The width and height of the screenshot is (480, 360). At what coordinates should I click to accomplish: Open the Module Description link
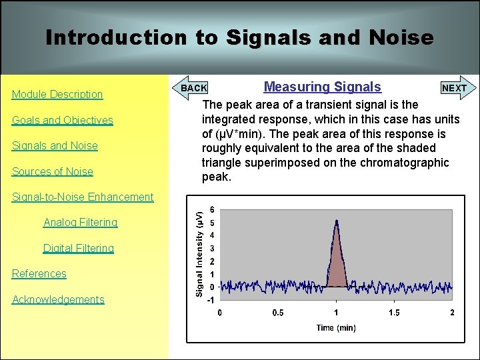point(57,94)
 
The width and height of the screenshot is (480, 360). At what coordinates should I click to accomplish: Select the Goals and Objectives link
point(63,120)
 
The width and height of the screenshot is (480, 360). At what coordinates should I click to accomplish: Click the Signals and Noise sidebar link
point(55,145)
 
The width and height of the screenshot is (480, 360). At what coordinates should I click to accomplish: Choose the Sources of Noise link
point(53,171)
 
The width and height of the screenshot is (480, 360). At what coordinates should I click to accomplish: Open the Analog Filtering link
point(80,222)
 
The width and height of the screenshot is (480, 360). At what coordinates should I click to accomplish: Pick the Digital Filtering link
point(79,248)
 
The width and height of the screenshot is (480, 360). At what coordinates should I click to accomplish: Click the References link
point(39,273)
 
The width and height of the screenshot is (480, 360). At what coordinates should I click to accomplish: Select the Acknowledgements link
point(59,299)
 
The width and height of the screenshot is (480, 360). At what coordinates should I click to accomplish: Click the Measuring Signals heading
point(323,87)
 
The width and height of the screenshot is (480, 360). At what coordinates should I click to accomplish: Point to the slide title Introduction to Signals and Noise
point(239,37)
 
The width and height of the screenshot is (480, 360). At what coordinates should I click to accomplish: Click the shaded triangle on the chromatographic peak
point(337,267)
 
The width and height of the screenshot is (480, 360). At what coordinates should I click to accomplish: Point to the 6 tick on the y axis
point(212,209)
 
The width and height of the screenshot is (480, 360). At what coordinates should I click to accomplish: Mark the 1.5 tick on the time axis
point(394,313)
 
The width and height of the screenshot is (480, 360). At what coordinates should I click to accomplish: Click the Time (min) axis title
point(336,327)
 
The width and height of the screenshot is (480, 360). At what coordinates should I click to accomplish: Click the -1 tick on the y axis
point(211,299)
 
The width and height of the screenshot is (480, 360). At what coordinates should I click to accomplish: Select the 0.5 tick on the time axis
point(277,313)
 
